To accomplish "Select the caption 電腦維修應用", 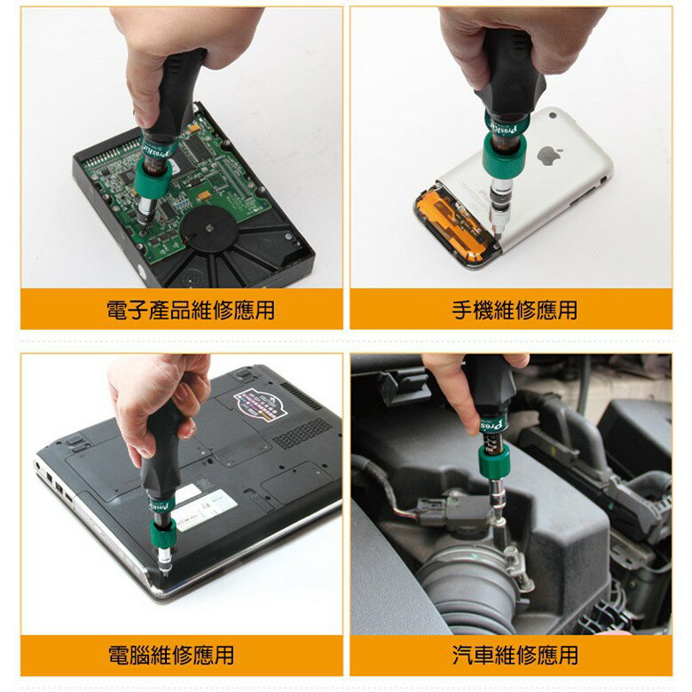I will coord(171,656).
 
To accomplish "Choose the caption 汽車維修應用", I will coord(515,656).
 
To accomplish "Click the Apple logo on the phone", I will coord(549,156).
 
